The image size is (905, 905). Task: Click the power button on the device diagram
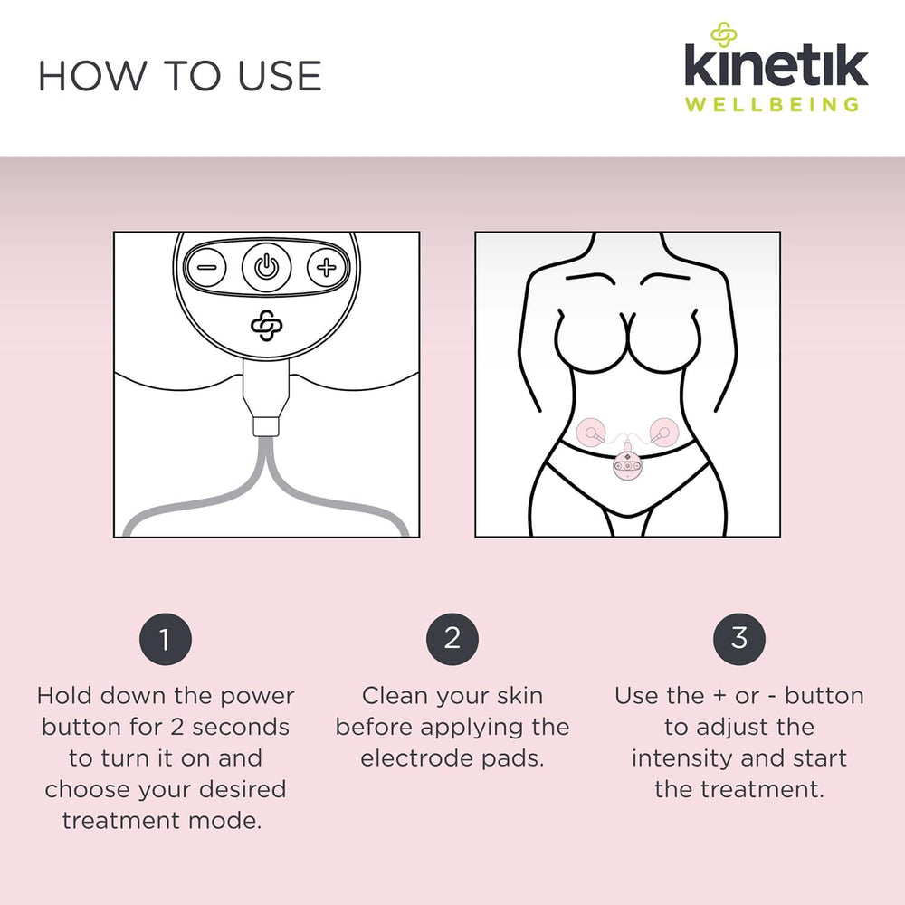[266, 267]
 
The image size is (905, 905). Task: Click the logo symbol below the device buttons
[267, 326]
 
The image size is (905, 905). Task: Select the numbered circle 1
[165, 639]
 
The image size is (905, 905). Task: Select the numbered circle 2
[452, 639]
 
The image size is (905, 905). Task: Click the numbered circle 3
[739, 639]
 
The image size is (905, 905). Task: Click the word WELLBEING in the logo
[772, 104]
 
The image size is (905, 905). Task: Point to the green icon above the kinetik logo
[724, 34]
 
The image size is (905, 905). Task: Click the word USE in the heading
[280, 76]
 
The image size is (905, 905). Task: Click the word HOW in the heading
[93, 76]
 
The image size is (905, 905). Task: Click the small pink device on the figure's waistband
[627, 466]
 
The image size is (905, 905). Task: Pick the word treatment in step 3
[762, 789]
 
